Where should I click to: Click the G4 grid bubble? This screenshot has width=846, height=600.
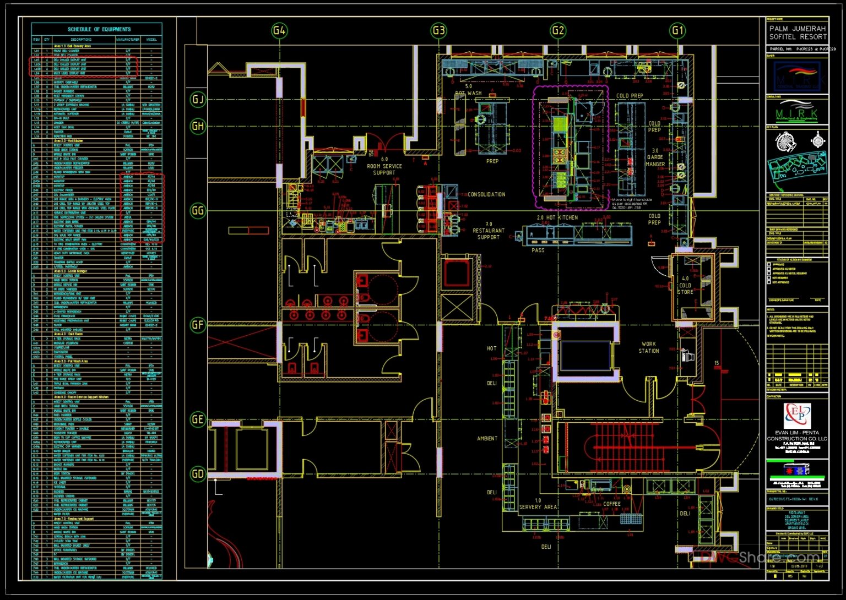click(x=279, y=30)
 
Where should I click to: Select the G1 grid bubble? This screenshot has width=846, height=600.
click(x=677, y=30)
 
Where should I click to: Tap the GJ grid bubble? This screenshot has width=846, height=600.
click(x=198, y=100)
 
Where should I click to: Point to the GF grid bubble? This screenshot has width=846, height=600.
click(x=198, y=325)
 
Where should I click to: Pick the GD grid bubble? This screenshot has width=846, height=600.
click(x=198, y=473)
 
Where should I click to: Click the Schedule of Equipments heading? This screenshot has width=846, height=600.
click(x=99, y=29)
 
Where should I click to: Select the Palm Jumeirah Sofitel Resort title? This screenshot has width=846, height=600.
click(x=798, y=32)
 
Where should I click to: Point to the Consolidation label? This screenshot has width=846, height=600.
click(x=486, y=194)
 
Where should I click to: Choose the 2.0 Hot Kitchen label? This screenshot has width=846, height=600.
click(x=557, y=217)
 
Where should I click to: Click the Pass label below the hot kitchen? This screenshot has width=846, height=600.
click(x=538, y=250)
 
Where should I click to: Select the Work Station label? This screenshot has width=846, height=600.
click(x=649, y=347)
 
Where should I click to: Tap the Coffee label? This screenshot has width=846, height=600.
click(x=612, y=504)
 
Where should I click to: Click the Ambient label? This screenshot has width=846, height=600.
click(x=487, y=439)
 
